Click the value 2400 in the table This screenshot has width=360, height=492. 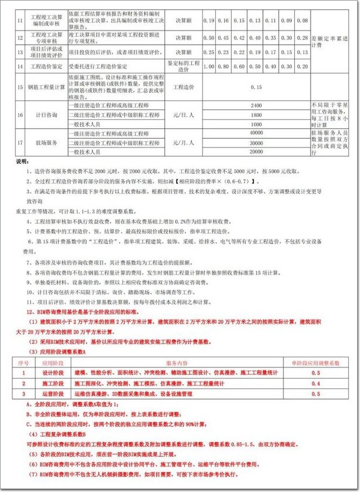255,104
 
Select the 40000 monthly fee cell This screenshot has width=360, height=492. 255,133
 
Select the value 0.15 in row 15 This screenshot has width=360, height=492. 255,87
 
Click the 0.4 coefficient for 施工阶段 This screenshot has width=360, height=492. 315,383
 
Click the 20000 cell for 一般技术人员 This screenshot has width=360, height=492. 255,152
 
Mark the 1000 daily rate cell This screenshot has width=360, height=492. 255,124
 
